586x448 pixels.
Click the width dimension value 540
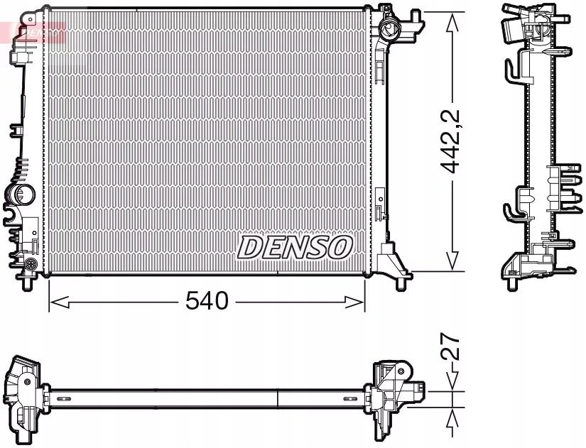(x=207, y=301)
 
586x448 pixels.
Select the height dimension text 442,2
(x=451, y=142)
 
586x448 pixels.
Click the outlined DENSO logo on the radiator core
(x=294, y=247)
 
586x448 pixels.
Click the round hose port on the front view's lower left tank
(x=22, y=195)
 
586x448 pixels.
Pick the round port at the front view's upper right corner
(x=389, y=29)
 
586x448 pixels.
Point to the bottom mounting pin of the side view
(x=511, y=284)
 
